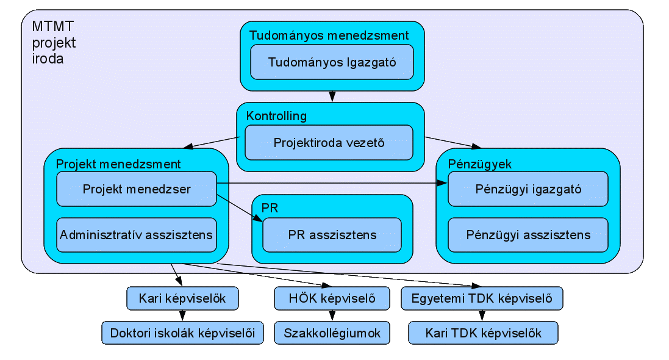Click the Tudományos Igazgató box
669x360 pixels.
click(x=332, y=62)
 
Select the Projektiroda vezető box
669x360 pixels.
click(x=329, y=143)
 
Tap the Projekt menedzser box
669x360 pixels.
click(x=137, y=189)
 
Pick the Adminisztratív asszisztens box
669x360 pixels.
click(x=137, y=235)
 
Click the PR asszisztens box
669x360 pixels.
click(x=332, y=235)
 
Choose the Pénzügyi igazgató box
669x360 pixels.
click(x=528, y=189)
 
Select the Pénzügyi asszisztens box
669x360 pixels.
click(x=528, y=235)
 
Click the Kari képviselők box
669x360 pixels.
click(x=182, y=298)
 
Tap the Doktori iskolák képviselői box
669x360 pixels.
click(x=182, y=333)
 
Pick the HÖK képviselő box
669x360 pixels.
click(x=332, y=298)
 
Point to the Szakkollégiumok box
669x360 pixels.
click(x=332, y=333)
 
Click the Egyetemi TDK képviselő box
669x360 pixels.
click(x=482, y=298)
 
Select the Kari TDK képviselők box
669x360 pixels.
click(x=483, y=333)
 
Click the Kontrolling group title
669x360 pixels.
click(x=276, y=116)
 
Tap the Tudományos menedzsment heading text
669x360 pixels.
click(x=329, y=35)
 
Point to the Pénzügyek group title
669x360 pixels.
click(x=479, y=164)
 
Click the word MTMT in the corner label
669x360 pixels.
click(x=53, y=26)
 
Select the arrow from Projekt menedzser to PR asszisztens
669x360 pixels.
click(x=240, y=209)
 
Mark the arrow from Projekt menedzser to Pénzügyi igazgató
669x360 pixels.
click(x=332, y=183)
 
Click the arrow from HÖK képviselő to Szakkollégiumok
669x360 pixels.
click(x=332, y=315)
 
